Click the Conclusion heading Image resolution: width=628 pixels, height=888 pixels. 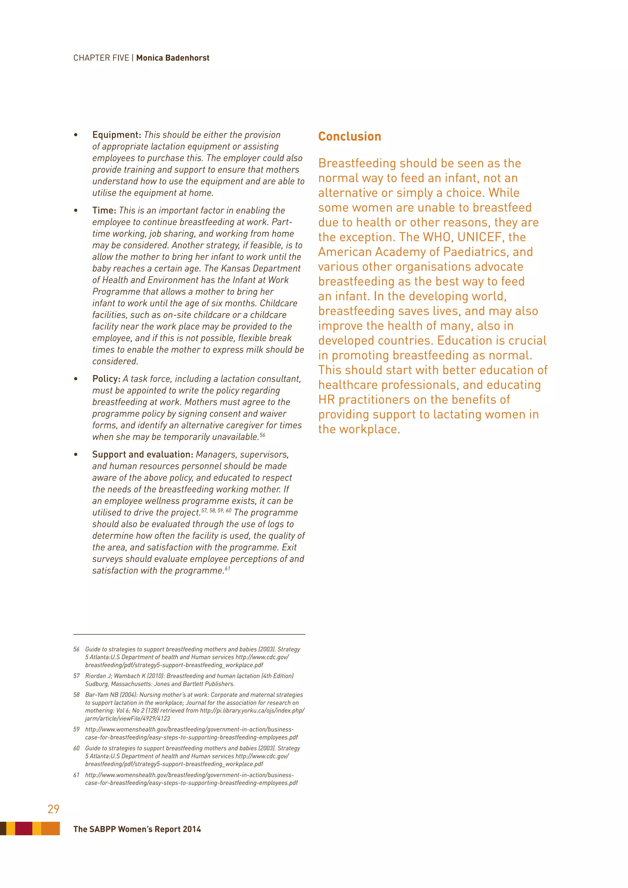pyautogui.click(x=350, y=136)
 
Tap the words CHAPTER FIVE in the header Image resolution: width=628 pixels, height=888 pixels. pyautogui.click(x=101, y=58)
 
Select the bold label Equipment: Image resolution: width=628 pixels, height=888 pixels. pyautogui.click(x=117, y=135)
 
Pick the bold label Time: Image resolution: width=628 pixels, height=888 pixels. pyautogui.click(x=104, y=210)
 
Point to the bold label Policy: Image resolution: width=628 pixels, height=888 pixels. pyautogui.click(x=106, y=379)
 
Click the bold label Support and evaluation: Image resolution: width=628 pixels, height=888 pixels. pyautogui.click(x=142, y=454)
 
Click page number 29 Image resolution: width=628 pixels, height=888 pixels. pyautogui.click(x=53, y=809)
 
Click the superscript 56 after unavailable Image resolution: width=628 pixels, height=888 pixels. pyautogui.click(x=262, y=435)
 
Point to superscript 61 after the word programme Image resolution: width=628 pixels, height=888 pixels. pyautogui.click(x=228, y=568)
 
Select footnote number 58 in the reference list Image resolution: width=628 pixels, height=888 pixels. pyautogui.click(x=77, y=695)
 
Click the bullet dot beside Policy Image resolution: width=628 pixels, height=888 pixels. pyautogui.click(x=76, y=379)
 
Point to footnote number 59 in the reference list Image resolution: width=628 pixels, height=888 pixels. pyautogui.click(x=77, y=729)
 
